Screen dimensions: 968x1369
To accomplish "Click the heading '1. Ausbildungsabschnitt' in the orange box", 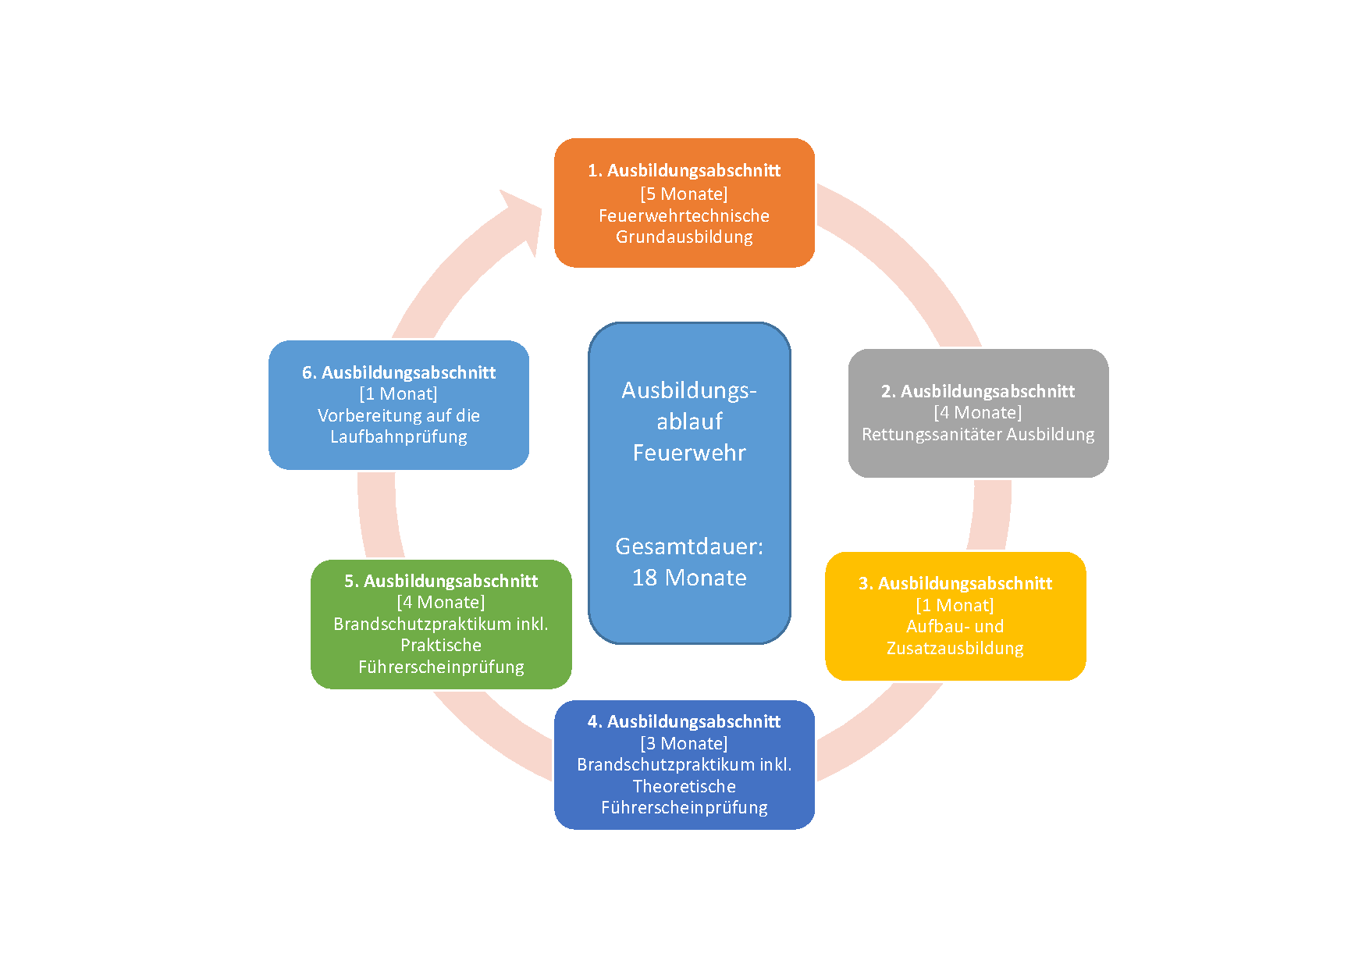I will (x=684, y=170).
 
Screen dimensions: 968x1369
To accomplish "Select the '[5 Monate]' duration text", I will (x=684, y=194).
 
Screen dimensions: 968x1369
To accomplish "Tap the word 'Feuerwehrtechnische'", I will (x=684, y=215).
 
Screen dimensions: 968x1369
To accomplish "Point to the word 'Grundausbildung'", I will (x=684, y=237).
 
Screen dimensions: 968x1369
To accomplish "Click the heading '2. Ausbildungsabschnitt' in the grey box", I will (x=977, y=391).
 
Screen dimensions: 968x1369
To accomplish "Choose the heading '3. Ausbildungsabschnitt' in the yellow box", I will (x=955, y=583).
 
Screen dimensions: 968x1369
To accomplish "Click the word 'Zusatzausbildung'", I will (x=955, y=648).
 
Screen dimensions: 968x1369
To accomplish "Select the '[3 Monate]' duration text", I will (x=684, y=743).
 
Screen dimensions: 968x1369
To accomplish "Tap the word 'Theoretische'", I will (x=684, y=786).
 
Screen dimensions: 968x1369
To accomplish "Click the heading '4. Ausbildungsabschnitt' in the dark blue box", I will (x=684, y=721).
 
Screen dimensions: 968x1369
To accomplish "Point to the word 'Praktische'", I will (x=441, y=645).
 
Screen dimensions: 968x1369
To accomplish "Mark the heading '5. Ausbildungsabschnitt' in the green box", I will (x=441, y=581).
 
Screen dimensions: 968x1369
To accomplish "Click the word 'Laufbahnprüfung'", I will (x=398, y=436).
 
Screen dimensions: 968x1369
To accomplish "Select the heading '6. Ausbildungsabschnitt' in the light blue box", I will (x=398, y=372).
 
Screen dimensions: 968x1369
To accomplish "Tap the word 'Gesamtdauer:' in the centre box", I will (x=689, y=546).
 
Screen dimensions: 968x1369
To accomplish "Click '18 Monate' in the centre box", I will (x=689, y=577).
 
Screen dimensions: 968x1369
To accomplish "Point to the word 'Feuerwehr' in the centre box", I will (x=689, y=453).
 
